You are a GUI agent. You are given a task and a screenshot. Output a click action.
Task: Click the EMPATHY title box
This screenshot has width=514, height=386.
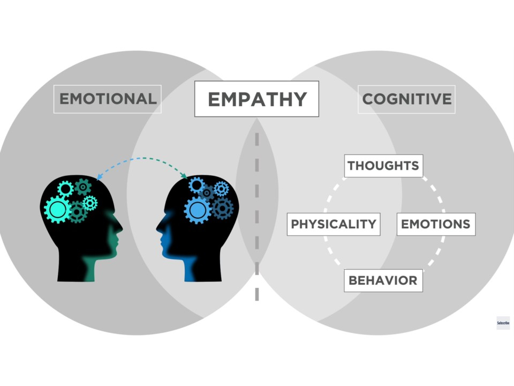[x=256, y=99]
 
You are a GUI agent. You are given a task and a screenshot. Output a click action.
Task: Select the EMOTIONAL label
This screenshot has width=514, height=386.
[x=108, y=99]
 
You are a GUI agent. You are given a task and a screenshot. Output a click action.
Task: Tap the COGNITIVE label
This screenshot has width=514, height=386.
[x=406, y=99]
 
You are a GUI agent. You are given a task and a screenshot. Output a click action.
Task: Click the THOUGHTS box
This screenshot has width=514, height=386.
[x=383, y=166]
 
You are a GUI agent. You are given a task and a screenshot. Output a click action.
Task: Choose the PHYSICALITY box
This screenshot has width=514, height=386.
[x=334, y=224]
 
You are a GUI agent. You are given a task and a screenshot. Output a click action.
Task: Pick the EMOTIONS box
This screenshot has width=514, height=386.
[x=436, y=224]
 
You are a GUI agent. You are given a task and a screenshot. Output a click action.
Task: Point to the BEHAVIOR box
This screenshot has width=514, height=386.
[x=383, y=280]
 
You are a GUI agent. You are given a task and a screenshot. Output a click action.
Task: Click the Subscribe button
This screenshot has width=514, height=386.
[x=503, y=323]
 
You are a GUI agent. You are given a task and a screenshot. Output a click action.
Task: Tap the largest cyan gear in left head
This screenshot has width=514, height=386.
[x=57, y=210]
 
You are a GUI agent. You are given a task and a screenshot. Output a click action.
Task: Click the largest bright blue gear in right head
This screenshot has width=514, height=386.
[x=198, y=210]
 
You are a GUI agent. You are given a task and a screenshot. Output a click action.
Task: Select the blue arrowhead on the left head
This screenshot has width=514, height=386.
[x=99, y=177]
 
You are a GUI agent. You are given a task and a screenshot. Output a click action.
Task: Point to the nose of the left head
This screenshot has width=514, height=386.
[x=120, y=226]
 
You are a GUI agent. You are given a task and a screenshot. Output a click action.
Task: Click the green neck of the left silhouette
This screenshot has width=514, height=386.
[x=89, y=269]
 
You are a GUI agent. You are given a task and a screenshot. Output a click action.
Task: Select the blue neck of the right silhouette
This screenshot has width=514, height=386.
[x=190, y=269]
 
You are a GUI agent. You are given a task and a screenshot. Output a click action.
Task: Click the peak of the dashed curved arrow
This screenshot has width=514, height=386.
[x=143, y=158]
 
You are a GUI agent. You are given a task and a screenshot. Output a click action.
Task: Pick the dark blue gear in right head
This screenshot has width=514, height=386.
[x=223, y=209]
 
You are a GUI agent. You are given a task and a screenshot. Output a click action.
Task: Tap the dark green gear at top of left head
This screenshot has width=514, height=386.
[x=83, y=187]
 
